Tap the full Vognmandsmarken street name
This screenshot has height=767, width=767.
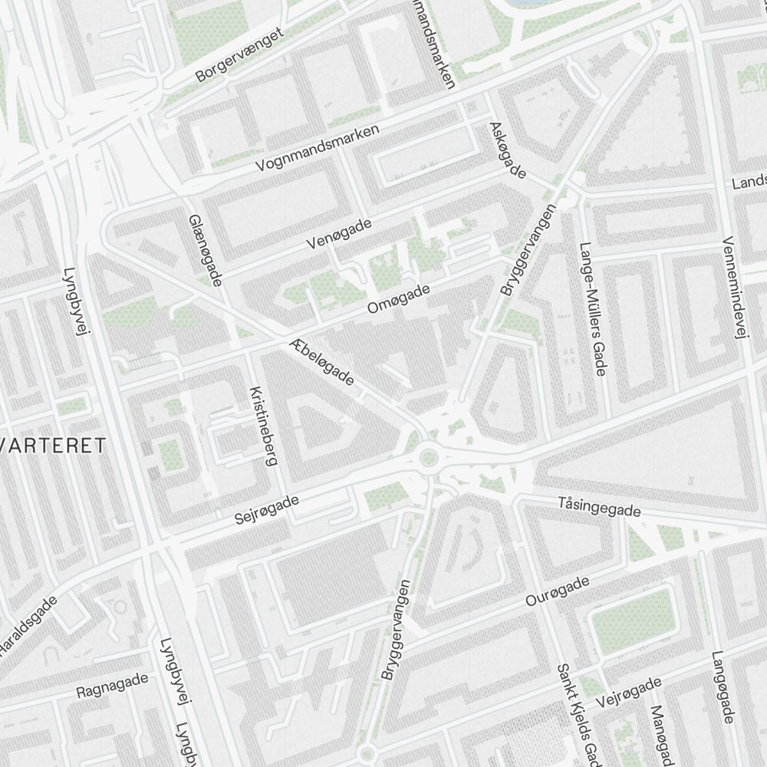pyautogui.click(x=318, y=149)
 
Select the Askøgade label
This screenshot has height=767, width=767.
pyautogui.click(x=507, y=150)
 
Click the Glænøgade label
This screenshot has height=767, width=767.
pyautogui.click(x=205, y=250)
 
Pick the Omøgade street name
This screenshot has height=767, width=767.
pyautogui.click(x=399, y=298)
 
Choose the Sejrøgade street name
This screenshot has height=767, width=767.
pyautogui.click(x=267, y=509)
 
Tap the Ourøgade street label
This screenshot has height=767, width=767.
pyautogui.click(x=558, y=591)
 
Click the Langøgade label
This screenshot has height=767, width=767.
pyautogui.click(x=723, y=687)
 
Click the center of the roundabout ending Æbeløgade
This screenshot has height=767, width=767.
pyautogui.click(x=429, y=459)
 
